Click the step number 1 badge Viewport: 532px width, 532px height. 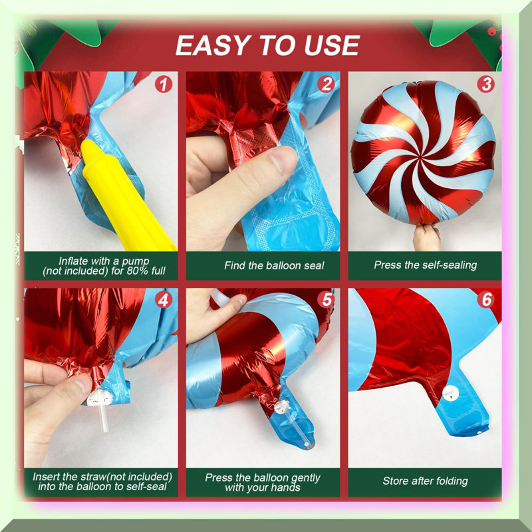[164, 84]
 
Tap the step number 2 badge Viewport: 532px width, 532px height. [326, 84]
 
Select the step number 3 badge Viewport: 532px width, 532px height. [486, 84]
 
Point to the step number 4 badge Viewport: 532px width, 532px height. [164, 300]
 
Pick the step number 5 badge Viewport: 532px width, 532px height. [326, 300]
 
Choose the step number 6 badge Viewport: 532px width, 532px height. [486, 300]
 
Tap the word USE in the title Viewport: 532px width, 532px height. [332, 45]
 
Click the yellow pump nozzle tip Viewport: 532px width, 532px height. [87, 145]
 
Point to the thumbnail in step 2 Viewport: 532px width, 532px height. [285, 160]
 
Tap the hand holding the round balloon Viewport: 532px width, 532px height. [426, 237]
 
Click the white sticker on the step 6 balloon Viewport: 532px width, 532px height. [451, 394]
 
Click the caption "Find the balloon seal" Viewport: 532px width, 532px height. [274, 265]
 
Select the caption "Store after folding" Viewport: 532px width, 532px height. [425, 481]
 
